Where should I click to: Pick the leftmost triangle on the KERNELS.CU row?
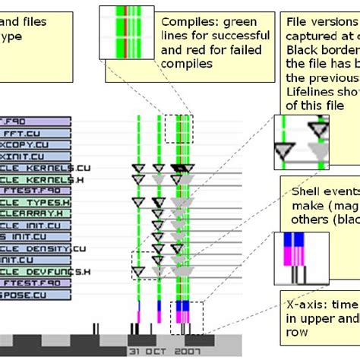tap(138, 167)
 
